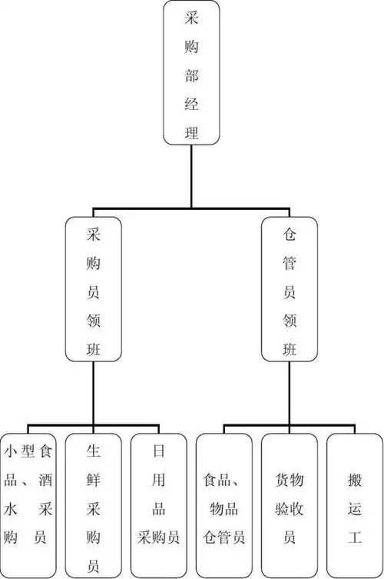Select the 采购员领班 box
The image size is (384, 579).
click(93, 289)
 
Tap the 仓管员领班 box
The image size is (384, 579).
click(290, 289)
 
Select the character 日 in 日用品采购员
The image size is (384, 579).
click(158, 451)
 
